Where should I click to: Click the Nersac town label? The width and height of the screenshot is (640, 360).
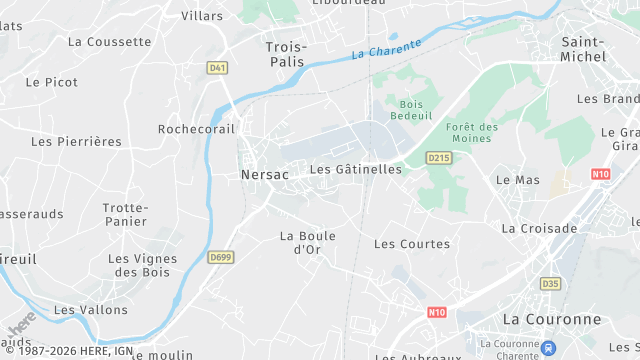click(x=264, y=174)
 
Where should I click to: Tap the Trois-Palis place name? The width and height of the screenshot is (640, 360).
click(x=286, y=55)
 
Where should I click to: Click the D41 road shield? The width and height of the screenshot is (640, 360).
click(x=217, y=68)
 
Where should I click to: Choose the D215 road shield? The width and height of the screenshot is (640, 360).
click(x=438, y=158)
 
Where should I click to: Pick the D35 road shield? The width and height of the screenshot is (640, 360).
click(x=550, y=284)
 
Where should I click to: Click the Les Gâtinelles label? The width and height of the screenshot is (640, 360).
click(x=355, y=170)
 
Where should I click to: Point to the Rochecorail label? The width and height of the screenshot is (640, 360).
click(x=196, y=129)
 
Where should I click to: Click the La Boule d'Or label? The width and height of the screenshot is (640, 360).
click(x=307, y=243)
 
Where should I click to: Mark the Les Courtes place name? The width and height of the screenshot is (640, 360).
click(x=411, y=244)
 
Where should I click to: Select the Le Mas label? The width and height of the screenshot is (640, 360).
click(x=517, y=180)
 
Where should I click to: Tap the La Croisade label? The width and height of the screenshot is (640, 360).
click(x=539, y=228)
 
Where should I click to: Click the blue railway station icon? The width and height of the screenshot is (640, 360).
click(x=549, y=348)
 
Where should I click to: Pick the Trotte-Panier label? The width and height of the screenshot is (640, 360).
click(x=125, y=214)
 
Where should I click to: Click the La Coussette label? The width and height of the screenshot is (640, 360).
click(x=109, y=42)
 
